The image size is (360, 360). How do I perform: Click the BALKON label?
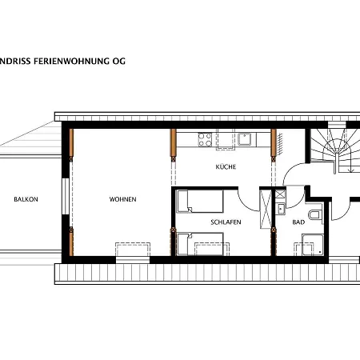(x=26, y=199)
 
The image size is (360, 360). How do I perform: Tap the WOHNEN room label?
(x=122, y=199)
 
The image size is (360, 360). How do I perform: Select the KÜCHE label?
(x=226, y=166)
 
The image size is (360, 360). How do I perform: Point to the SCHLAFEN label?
(x=226, y=222)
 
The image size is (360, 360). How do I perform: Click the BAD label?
(x=298, y=222)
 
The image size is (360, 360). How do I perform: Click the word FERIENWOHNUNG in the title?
(x=71, y=61)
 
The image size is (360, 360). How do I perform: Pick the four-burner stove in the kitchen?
(x=205, y=139)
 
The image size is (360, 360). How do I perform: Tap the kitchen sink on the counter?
(x=244, y=139)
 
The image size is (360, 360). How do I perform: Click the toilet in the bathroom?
(x=315, y=214)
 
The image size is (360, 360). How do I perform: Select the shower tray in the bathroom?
(x=313, y=245)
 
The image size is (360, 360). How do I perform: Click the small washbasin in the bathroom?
(x=280, y=209)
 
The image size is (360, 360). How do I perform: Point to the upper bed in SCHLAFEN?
(x=200, y=201)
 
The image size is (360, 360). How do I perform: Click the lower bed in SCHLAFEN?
(x=200, y=244)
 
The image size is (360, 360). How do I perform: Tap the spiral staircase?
(x=334, y=150)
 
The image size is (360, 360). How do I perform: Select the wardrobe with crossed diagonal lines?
(x=266, y=209)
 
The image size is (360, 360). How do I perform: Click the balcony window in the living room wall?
(x=66, y=196)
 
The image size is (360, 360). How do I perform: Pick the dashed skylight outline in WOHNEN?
(x=133, y=250)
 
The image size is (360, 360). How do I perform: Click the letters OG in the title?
(x=119, y=61)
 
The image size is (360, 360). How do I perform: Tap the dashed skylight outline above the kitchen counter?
(x=226, y=139)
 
